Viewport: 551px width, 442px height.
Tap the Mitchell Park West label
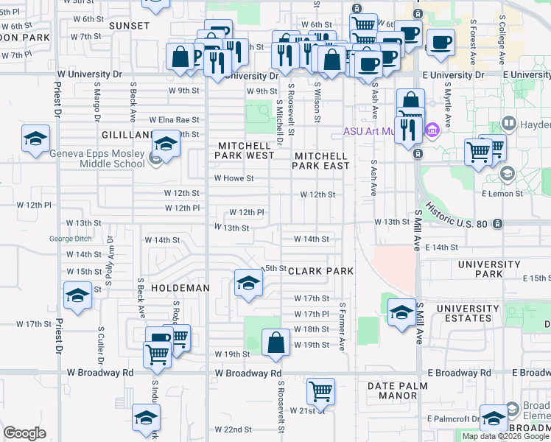245,150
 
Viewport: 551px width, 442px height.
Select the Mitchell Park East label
321,161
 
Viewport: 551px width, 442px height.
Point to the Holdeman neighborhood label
180,288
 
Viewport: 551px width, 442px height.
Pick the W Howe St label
234,178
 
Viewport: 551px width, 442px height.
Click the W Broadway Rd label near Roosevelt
249,373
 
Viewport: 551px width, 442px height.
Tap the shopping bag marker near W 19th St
275,343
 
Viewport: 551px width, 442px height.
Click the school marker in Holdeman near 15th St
248,282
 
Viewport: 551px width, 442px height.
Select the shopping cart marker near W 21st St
320,390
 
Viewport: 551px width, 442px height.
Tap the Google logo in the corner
24,433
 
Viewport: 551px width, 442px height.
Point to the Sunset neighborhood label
129,25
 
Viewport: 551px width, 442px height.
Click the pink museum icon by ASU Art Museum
432,131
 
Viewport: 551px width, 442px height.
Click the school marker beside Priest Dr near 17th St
75,296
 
